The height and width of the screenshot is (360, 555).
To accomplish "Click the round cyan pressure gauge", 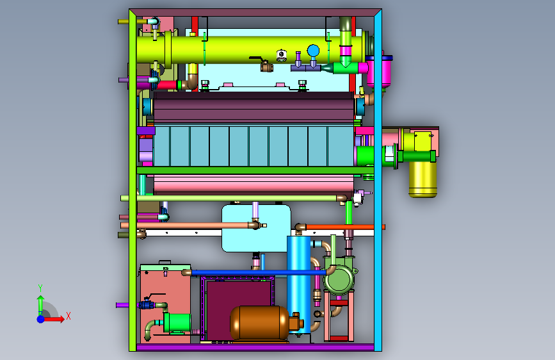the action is [x=313, y=51].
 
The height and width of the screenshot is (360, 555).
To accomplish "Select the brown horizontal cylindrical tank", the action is [x=260, y=323].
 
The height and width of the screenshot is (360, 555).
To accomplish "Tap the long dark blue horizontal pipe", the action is [x=259, y=272].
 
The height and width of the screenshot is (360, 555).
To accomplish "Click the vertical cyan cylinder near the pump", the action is [x=299, y=285].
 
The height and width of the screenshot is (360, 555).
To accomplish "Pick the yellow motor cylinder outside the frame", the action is [x=422, y=179].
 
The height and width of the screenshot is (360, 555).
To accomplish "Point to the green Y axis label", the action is [x=40, y=288].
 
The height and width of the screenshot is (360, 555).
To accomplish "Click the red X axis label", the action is [x=68, y=316].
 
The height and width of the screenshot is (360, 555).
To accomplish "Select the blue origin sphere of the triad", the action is [x=41, y=319].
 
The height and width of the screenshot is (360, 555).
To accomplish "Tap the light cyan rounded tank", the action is [x=256, y=228].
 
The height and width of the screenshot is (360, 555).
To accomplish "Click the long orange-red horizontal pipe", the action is [x=345, y=227].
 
